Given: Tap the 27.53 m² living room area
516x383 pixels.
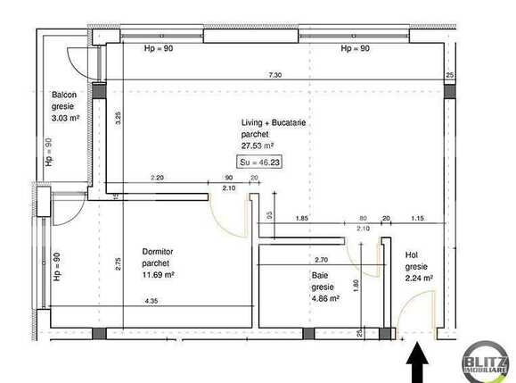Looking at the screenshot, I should [x=258, y=145].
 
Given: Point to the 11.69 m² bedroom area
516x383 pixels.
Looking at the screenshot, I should [x=158, y=275].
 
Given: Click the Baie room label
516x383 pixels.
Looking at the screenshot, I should [x=319, y=277].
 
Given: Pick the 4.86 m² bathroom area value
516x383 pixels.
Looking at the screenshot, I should [x=325, y=298].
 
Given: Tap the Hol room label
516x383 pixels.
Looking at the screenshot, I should [x=411, y=254].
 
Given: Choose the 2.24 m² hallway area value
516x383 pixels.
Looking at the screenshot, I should [x=419, y=278].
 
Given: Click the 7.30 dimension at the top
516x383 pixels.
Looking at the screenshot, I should [x=275, y=75].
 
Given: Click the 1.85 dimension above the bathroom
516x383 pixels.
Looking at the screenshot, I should [x=302, y=219].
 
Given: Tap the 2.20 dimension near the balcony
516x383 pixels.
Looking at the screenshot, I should [x=158, y=178].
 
